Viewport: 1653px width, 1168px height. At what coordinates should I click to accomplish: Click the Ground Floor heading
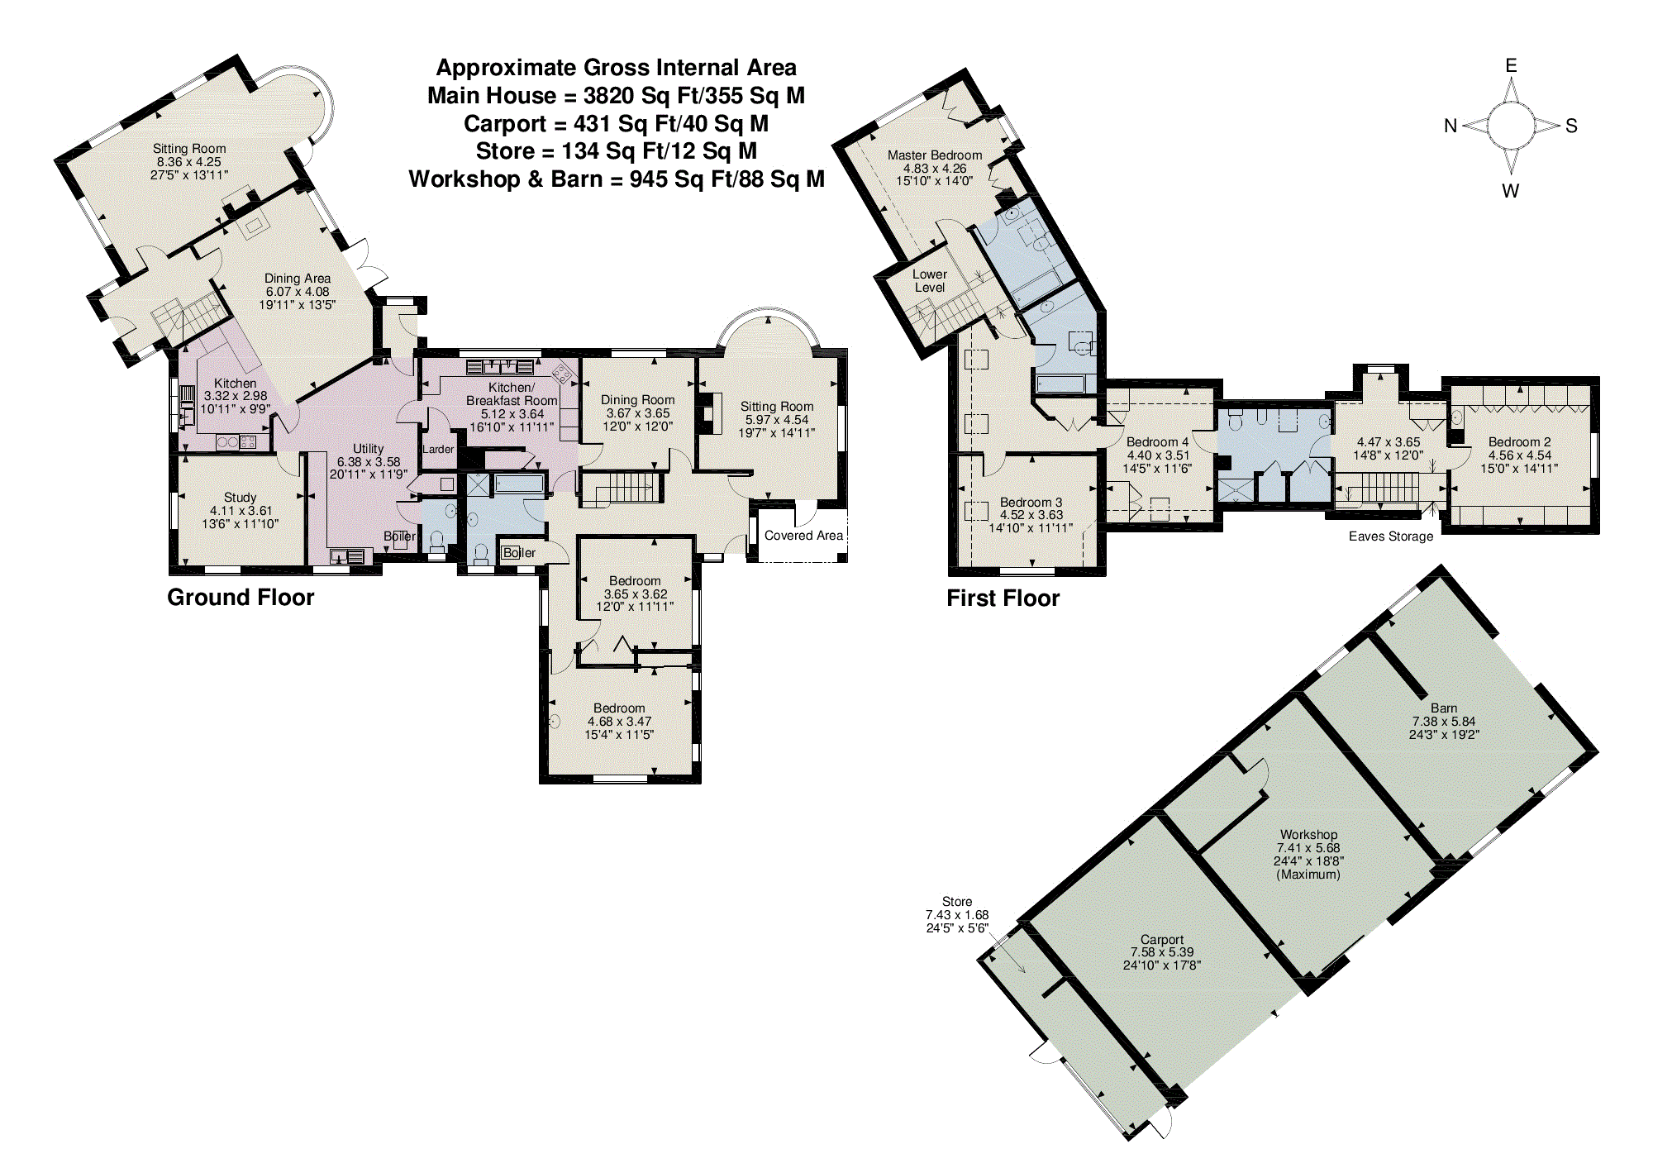(x=241, y=598)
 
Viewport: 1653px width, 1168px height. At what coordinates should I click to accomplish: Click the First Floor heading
(x=1003, y=598)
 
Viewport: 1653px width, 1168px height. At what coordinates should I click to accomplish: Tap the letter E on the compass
(x=1511, y=65)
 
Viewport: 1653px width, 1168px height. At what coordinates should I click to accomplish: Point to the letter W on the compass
(x=1510, y=191)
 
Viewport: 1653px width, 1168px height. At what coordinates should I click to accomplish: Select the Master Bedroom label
(x=935, y=155)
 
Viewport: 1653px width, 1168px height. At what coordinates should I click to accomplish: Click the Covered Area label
(x=803, y=536)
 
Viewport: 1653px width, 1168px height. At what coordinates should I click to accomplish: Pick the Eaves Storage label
(x=1391, y=536)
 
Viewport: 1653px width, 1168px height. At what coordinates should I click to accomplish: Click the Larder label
(x=438, y=450)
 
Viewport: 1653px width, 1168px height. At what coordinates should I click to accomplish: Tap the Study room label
(x=240, y=498)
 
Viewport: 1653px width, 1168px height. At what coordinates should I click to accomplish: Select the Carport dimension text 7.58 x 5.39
(x=1162, y=952)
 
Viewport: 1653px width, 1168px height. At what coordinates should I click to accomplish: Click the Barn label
(x=1444, y=708)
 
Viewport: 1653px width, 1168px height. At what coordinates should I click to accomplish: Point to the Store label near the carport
(x=957, y=902)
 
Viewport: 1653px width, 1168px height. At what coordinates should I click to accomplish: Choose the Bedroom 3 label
(x=1031, y=503)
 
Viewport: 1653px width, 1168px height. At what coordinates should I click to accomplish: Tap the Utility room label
(x=369, y=449)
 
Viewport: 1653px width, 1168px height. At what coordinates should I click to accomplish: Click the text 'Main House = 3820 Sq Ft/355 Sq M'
(x=616, y=96)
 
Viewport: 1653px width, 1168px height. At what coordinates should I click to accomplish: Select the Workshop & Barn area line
(x=616, y=179)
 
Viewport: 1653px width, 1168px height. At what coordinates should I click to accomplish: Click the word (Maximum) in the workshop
(x=1308, y=875)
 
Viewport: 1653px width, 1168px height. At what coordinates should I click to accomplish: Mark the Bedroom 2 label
(x=1519, y=442)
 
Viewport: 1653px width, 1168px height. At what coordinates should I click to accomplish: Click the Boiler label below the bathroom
(x=519, y=553)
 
